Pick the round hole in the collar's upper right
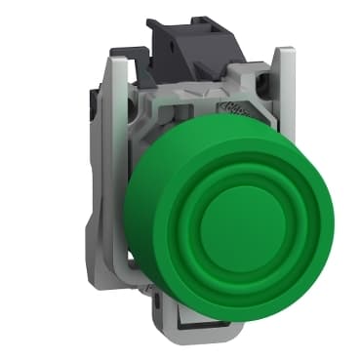[256, 112]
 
